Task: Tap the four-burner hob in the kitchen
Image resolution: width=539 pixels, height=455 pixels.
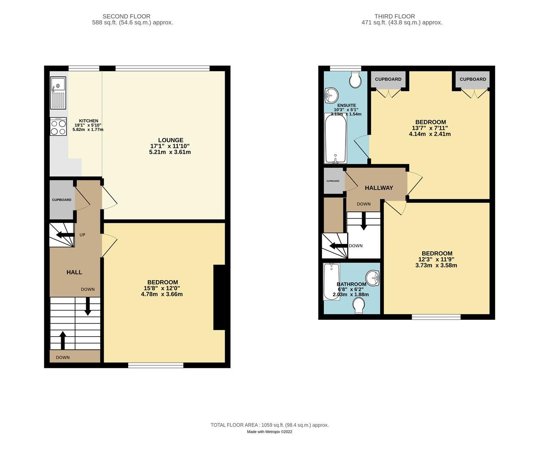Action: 58,126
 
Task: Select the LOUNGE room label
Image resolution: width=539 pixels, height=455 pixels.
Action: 170,140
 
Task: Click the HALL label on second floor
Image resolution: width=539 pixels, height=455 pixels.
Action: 74,272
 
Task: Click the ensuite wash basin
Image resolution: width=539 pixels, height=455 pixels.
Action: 331,95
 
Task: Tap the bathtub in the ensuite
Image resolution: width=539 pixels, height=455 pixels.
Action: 335,138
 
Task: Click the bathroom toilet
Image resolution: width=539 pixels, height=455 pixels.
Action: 359,306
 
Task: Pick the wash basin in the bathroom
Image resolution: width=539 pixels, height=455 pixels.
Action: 373,278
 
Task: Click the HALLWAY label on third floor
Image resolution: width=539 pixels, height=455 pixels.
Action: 378,188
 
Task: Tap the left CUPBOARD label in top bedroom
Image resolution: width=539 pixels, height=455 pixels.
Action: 388,79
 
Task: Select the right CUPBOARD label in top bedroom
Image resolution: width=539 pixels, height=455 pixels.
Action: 472,79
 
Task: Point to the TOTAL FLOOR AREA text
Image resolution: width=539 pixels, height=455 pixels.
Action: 269,425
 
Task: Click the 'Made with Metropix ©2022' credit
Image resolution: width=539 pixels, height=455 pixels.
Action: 269,432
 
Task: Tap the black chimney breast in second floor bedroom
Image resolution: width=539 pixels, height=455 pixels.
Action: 219,297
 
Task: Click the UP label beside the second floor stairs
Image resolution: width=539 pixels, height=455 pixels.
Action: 82,235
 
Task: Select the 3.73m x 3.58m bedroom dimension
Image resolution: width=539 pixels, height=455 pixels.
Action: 436,265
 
